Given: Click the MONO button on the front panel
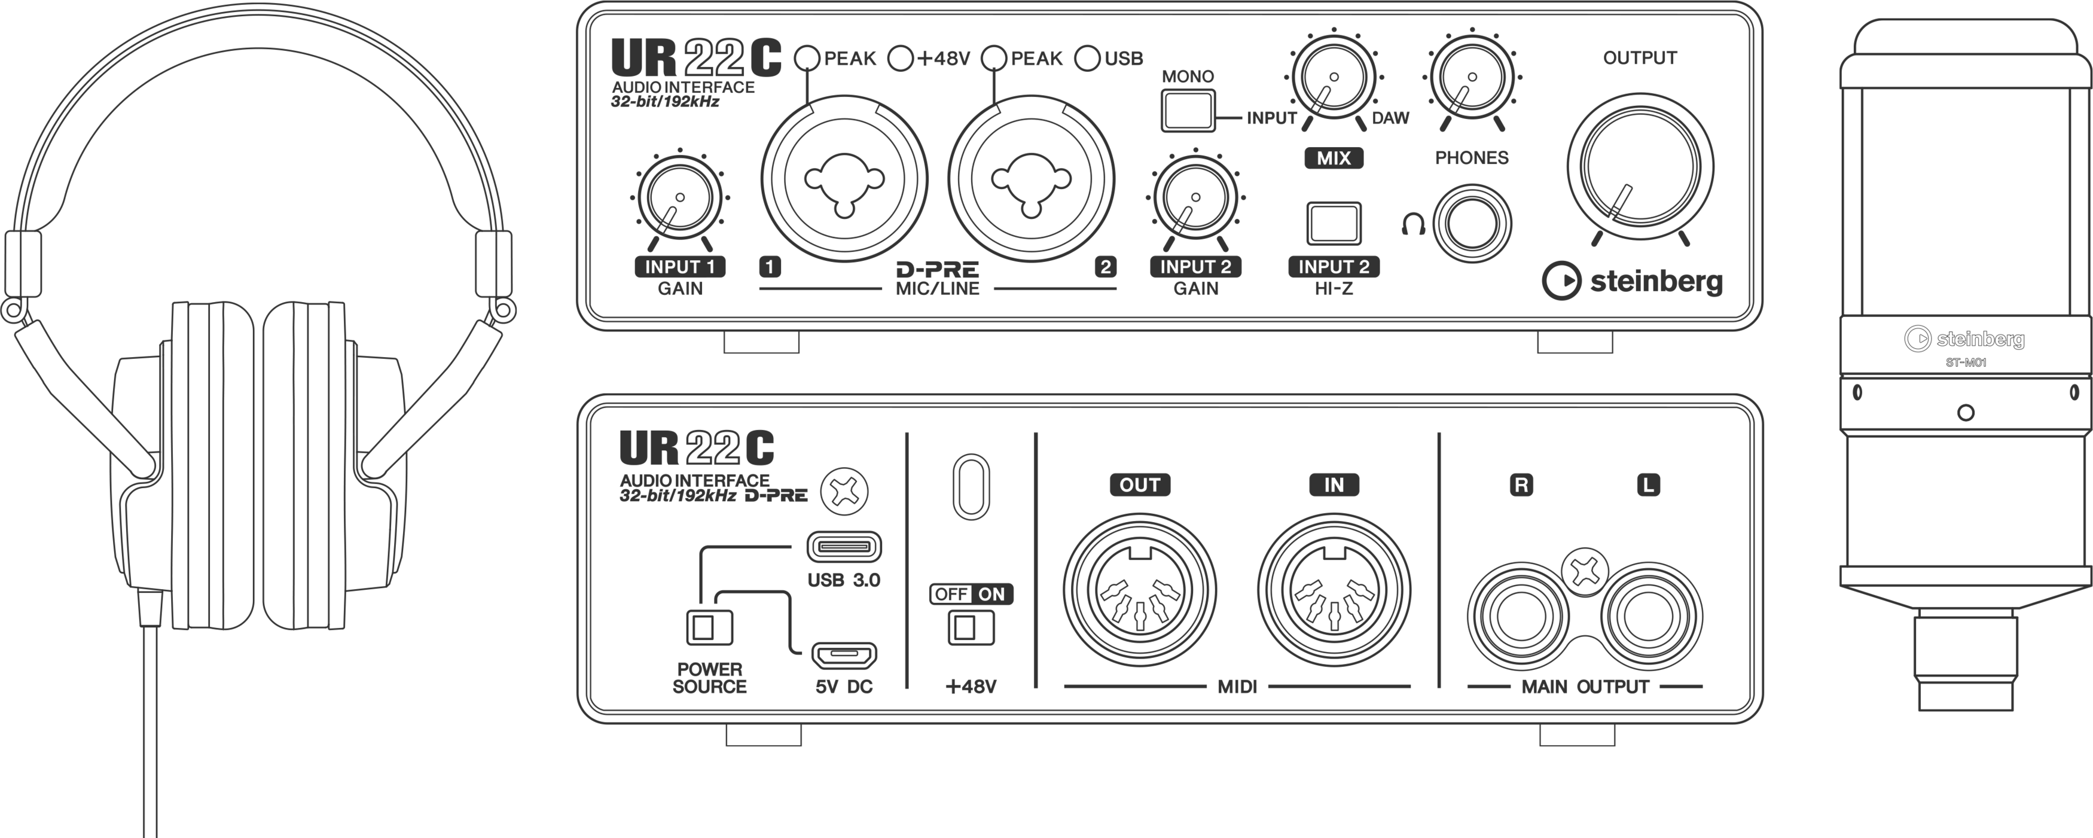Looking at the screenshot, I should [x=1187, y=109].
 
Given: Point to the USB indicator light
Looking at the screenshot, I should [x=1088, y=57].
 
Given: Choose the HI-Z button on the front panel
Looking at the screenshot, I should [x=1334, y=223].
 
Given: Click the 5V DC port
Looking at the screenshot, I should [x=844, y=654].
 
